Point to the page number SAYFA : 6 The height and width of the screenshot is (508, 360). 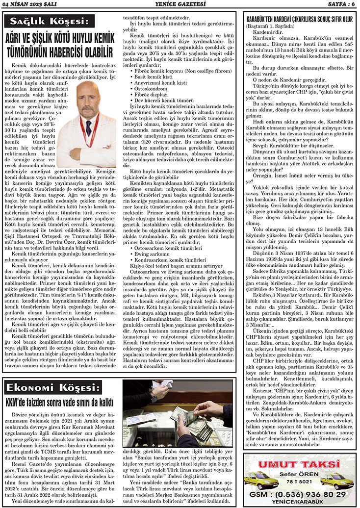click(337, 5)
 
